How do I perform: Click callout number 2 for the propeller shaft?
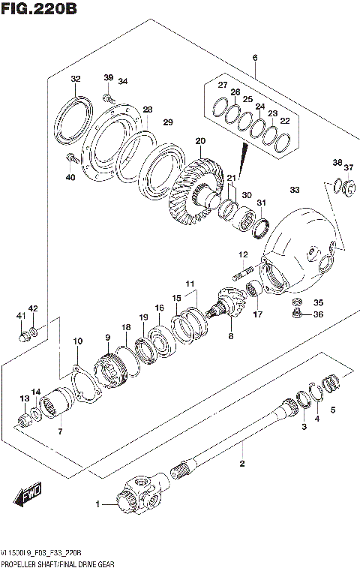tap(241, 463)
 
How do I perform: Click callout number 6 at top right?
tap(255, 58)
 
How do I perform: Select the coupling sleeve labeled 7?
tap(55, 410)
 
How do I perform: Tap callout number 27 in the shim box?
tap(222, 85)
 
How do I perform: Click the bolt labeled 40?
tap(72, 159)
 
